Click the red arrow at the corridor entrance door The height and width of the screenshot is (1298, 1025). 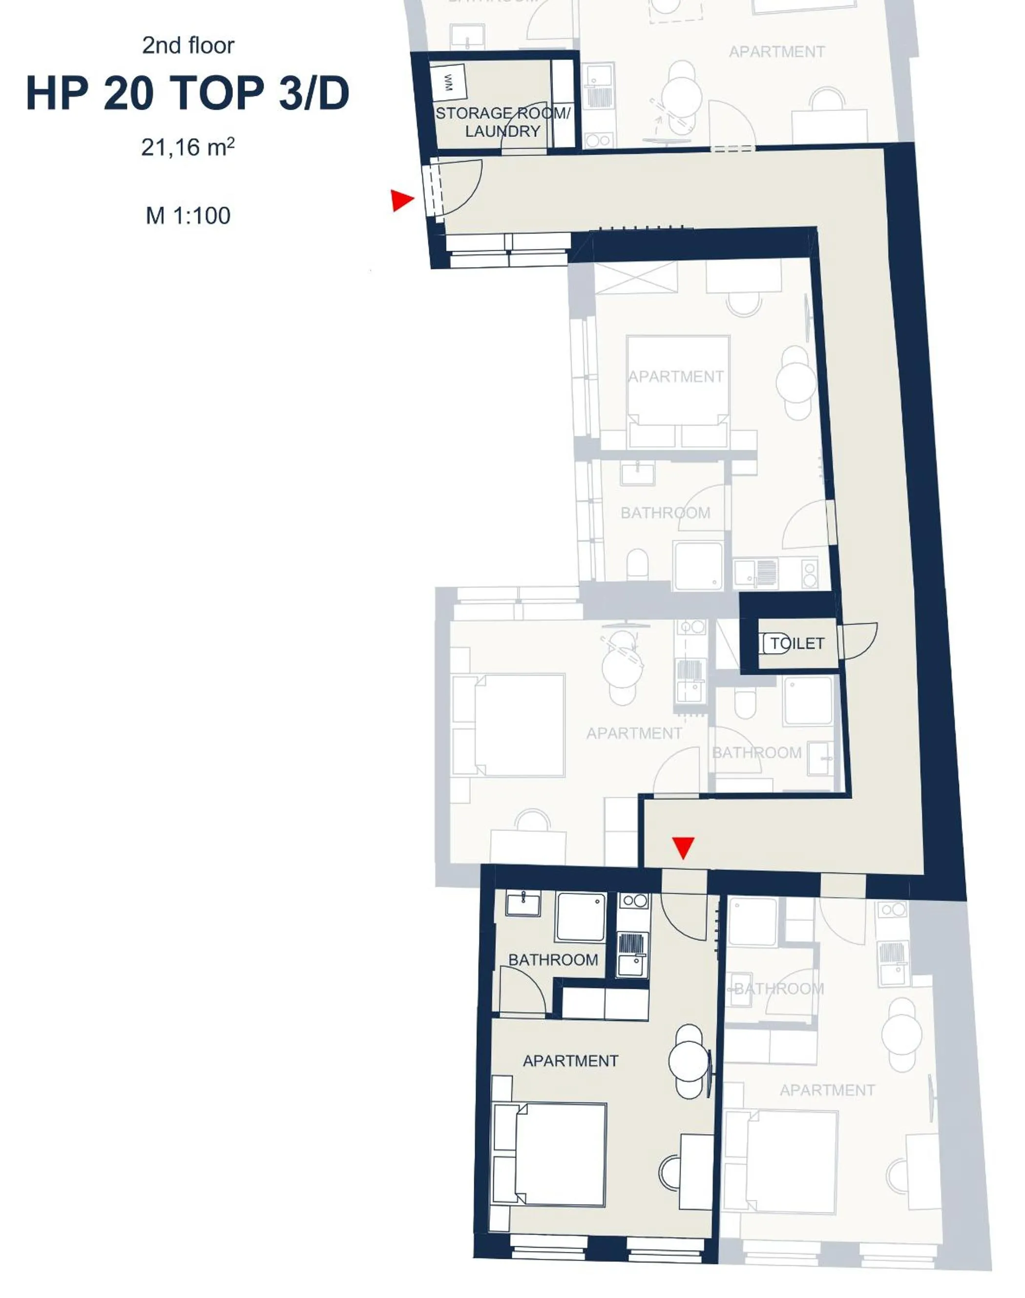click(401, 200)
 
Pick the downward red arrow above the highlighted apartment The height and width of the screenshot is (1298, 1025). click(683, 847)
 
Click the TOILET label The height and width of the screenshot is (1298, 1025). click(797, 643)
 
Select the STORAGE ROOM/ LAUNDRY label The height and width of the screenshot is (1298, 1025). click(502, 122)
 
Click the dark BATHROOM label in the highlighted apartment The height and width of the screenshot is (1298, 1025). click(553, 960)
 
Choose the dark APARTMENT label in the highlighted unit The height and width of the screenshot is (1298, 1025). click(570, 1061)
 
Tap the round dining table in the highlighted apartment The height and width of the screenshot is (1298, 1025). click(689, 1061)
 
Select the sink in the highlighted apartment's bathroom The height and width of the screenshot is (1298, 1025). click(523, 904)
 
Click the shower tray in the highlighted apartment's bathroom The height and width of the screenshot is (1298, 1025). click(580, 917)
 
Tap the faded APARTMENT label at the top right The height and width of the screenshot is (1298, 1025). click(776, 52)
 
